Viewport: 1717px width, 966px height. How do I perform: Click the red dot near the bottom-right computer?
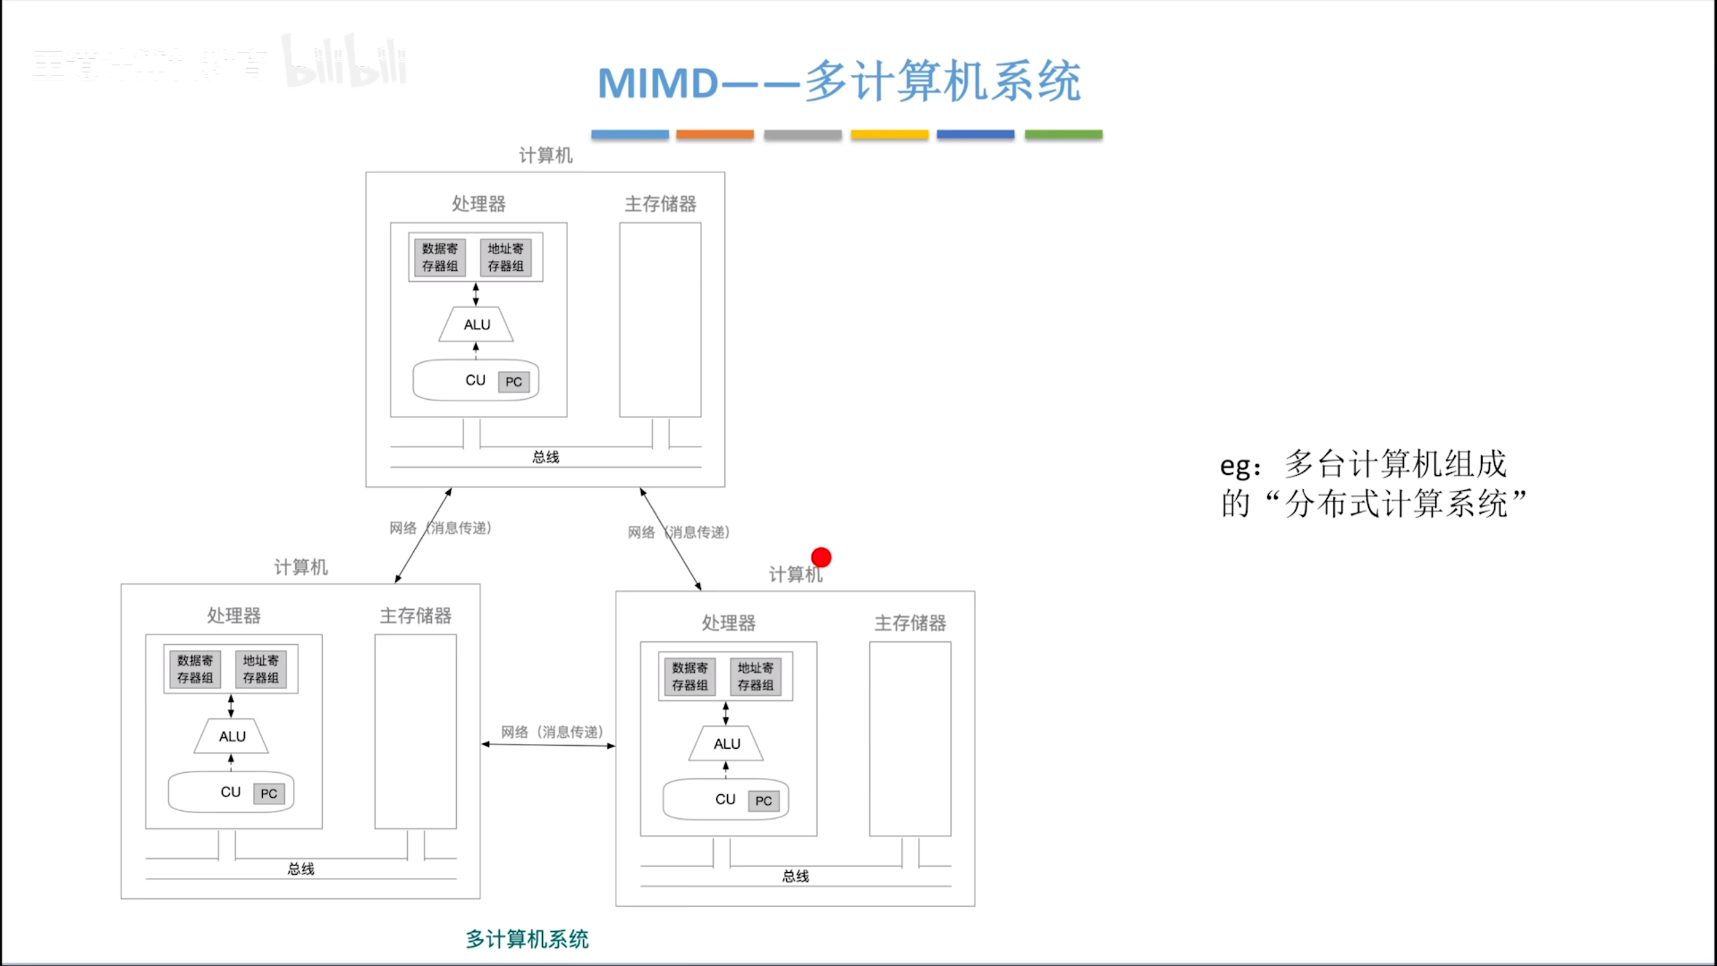click(821, 557)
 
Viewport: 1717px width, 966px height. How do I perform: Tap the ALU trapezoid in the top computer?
click(476, 325)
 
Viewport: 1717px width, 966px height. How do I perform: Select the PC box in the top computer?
click(514, 382)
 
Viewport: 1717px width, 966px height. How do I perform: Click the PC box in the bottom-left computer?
click(269, 794)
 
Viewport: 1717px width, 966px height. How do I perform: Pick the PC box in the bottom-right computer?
click(763, 801)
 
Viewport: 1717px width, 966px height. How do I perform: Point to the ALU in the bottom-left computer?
click(232, 737)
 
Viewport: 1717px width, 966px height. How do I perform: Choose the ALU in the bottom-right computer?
click(726, 744)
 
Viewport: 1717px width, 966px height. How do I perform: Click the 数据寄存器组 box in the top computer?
click(439, 258)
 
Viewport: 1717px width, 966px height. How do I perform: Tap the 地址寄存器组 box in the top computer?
click(506, 258)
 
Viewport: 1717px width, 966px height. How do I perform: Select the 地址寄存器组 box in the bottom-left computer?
click(261, 669)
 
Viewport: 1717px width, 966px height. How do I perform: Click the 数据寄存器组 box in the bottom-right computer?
click(689, 676)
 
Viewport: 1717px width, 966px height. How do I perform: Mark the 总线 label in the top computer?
click(545, 458)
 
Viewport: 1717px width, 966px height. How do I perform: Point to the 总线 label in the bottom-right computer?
click(795, 876)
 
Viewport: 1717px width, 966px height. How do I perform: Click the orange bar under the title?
click(715, 134)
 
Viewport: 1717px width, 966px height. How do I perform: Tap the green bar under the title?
click(1063, 134)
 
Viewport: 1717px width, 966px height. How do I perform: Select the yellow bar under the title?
click(889, 134)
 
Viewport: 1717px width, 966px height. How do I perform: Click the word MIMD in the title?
click(658, 83)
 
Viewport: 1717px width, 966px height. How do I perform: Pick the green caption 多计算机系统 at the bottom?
click(527, 939)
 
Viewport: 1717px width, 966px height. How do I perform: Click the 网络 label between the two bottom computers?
click(515, 732)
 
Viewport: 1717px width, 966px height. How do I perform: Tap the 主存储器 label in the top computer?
click(660, 204)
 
